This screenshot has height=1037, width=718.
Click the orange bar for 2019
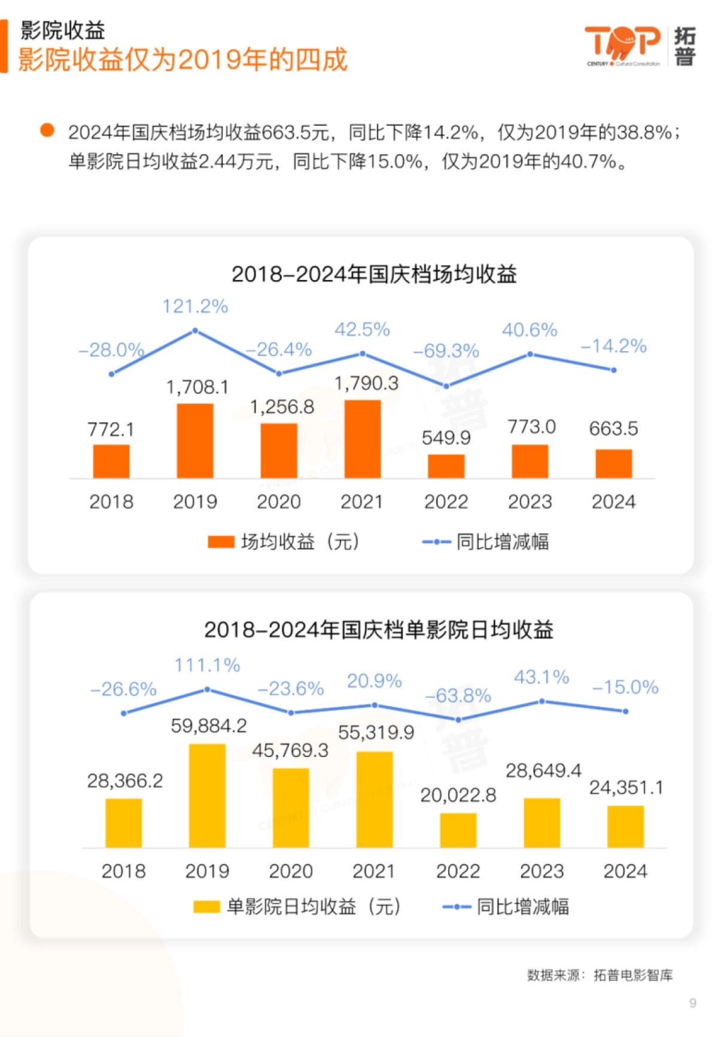(x=195, y=440)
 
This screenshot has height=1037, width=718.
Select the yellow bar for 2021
(x=375, y=799)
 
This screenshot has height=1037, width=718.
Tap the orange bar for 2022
(x=446, y=466)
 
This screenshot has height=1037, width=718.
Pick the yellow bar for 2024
(x=625, y=826)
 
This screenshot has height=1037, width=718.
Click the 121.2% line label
(x=195, y=307)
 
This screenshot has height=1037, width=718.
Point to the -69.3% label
(x=446, y=351)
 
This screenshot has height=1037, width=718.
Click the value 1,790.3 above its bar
(x=366, y=384)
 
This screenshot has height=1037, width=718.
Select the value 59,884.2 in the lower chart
(x=209, y=726)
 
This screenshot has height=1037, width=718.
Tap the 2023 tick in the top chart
(x=530, y=501)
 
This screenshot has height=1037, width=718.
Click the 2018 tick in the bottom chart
(x=123, y=871)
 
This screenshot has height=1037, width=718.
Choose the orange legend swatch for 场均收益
(x=221, y=542)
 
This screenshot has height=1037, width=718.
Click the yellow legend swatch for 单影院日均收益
(x=206, y=907)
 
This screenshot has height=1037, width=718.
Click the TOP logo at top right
(x=622, y=45)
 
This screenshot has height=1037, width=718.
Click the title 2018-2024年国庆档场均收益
(x=374, y=275)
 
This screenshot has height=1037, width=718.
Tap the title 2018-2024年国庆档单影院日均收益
(x=378, y=630)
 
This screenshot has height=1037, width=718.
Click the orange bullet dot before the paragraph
(x=47, y=130)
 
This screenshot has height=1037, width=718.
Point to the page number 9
(x=692, y=1003)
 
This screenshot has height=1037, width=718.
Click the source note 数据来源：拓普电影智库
(x=600, y=975)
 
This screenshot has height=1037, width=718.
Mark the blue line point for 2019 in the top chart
(x=195, y=331)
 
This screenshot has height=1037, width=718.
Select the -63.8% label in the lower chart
(x=458, y=696)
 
